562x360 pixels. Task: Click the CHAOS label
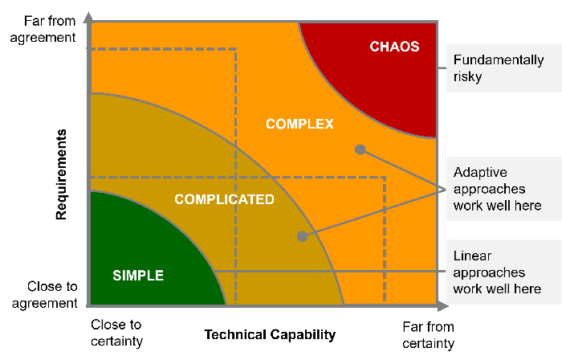tap(394, 47)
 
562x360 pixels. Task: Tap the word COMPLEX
tap(299, 124)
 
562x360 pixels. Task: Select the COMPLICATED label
tap(224, 199)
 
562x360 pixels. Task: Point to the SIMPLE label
tap(138, 276)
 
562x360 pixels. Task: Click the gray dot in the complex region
tap(360, 149)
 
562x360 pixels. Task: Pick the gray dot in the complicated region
tap(302, 236)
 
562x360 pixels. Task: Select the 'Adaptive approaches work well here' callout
tap(497, 189)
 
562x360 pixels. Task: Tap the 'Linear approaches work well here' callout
tap(497, 272)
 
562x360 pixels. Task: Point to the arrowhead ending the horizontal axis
tap(443, 306)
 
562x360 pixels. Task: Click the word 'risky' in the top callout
tap(467, 77)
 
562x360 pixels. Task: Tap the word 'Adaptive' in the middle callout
tap(480, 172)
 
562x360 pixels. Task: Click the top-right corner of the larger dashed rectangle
tap(385, 177)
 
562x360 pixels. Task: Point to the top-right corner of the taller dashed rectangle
tap(236, 50)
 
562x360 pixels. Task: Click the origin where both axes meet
tap(88, 306)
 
